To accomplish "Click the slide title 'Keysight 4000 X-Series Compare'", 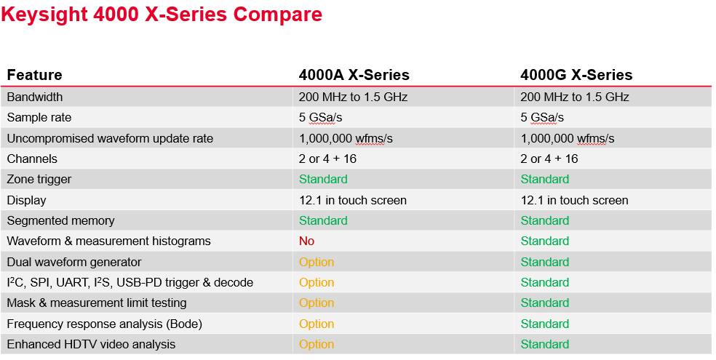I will (162, 15).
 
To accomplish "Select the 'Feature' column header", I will (35, 75).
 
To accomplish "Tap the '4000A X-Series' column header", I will (354, 75).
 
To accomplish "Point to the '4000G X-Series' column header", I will (576, 75).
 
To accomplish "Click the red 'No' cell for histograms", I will (306, 241).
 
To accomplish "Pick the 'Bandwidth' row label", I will (35, 97).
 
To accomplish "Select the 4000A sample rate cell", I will (320, 117).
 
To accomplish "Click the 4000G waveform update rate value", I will (568, 138).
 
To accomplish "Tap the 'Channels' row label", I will (32, 159).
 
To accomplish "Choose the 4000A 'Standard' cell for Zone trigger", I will (323, 179).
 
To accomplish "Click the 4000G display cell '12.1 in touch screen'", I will (574, 200).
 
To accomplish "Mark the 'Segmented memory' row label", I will (61, 220).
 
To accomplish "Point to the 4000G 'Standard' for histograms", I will (545, 241).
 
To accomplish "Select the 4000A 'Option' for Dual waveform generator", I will (317, 262).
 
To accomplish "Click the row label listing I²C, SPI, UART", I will (130, 282).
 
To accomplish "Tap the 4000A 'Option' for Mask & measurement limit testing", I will (317, 303).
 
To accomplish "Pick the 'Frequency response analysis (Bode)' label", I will (105, 324).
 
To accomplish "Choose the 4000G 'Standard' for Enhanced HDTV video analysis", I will (545, 344).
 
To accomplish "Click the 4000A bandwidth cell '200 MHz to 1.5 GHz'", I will (353, 97).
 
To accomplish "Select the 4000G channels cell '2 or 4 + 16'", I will (549, 159).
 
